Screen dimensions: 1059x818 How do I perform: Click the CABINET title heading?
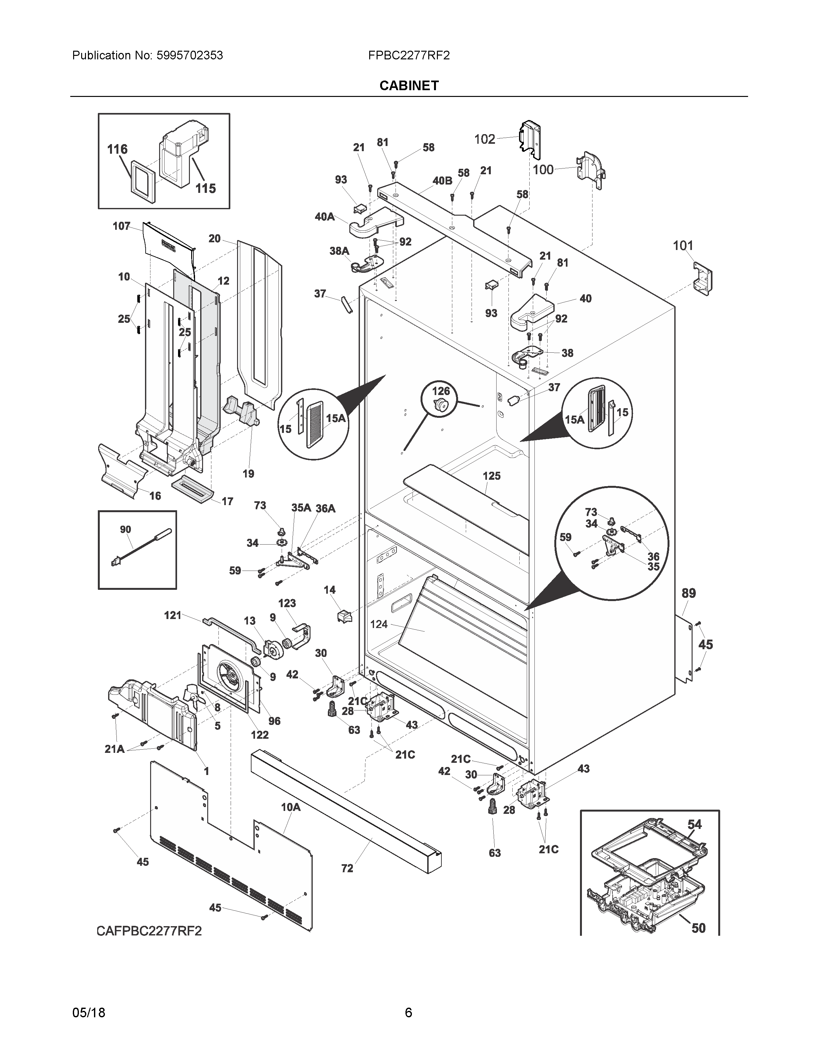pos(409,85)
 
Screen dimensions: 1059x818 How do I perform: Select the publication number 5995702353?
pos(190,55)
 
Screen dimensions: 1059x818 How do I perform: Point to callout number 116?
pos(117,149)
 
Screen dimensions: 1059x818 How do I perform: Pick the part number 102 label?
pos(485,139)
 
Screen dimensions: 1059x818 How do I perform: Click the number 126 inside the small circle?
pos(441,391)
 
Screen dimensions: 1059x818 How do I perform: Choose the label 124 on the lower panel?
pos(379,624)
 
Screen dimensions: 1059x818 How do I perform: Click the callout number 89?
pos(689,593)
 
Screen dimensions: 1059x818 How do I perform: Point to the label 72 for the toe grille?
pos(347,868)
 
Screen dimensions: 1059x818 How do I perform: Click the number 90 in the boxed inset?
pos(125,529)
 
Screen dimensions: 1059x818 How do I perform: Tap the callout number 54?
pos(694,824)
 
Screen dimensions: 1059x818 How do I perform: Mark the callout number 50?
pos(698,928)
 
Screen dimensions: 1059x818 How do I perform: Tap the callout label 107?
pos(121,226)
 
